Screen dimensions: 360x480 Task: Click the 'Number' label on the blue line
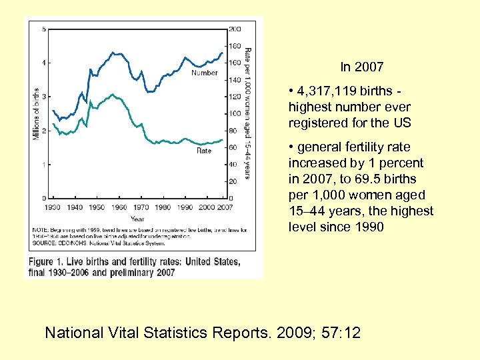coord(205,73)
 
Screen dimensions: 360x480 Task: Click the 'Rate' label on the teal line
coord(204,151)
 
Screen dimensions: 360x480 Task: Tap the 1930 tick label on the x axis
coord(53,208)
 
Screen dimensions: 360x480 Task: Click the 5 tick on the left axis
coord(44,29)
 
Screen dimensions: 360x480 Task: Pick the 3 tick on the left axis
coord(44,97)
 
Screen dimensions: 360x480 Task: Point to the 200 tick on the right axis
coord(235,29)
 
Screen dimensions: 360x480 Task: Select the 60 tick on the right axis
coord(233,147)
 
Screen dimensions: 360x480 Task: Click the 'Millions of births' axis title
coord(36,114)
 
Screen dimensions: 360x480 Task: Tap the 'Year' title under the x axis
coord(137,219)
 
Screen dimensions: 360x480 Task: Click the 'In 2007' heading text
coord(361,67)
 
